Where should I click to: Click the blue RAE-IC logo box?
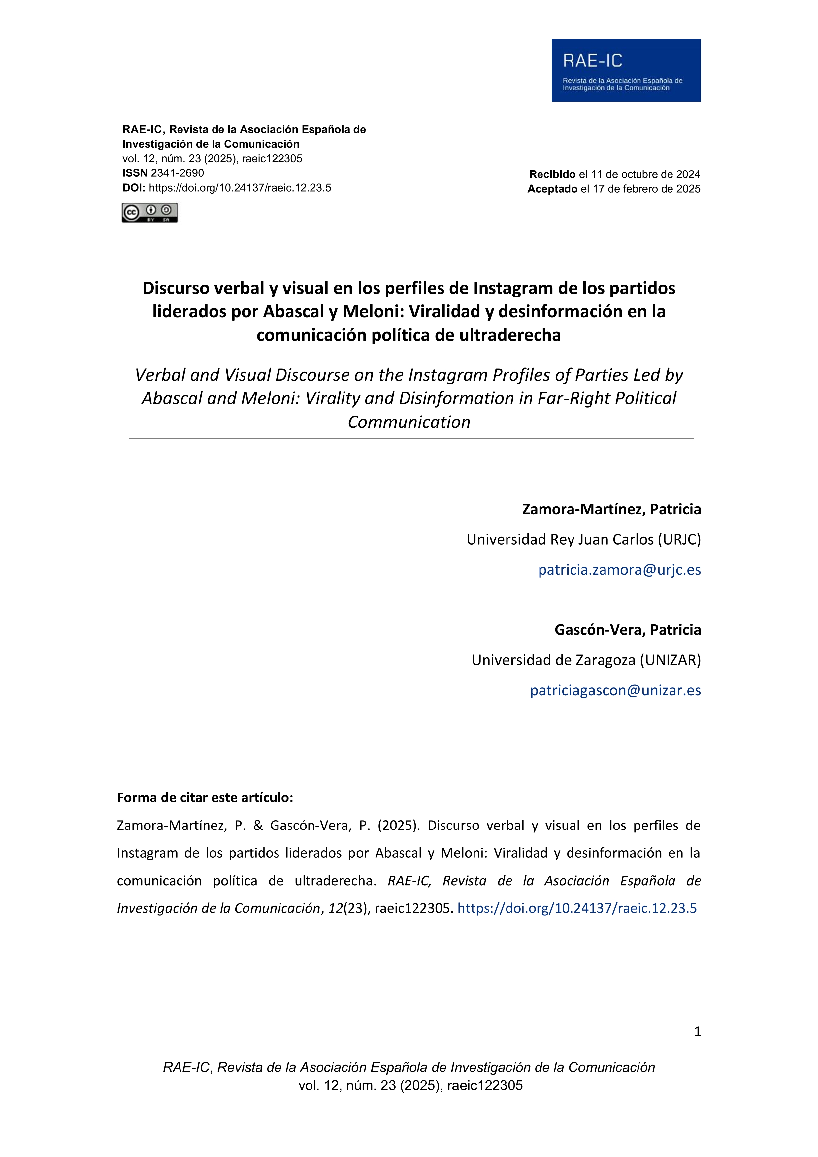coord(626,70)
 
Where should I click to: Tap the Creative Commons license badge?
coord(150,213)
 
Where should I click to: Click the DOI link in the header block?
coord(240,188)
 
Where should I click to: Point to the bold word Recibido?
coord(552,174)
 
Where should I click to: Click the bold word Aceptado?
coord(552,189)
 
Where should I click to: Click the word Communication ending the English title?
coord(409,422)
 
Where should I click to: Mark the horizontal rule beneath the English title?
coord(411,439)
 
